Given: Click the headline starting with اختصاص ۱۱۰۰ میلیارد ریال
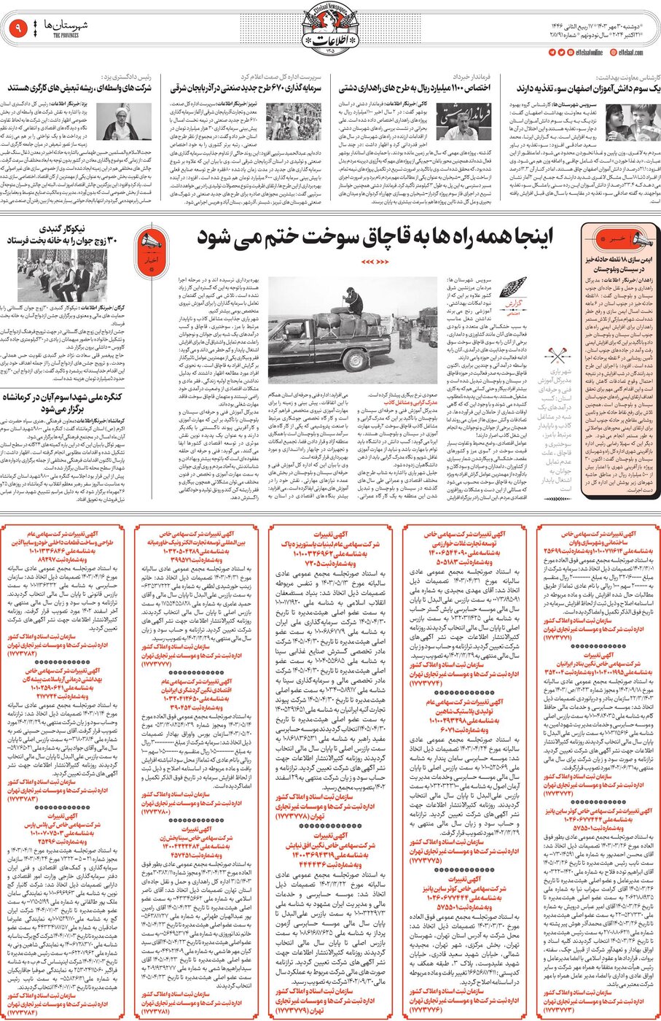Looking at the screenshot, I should (x=416, y=88).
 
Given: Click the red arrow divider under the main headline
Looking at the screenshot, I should (x=376, y=262).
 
